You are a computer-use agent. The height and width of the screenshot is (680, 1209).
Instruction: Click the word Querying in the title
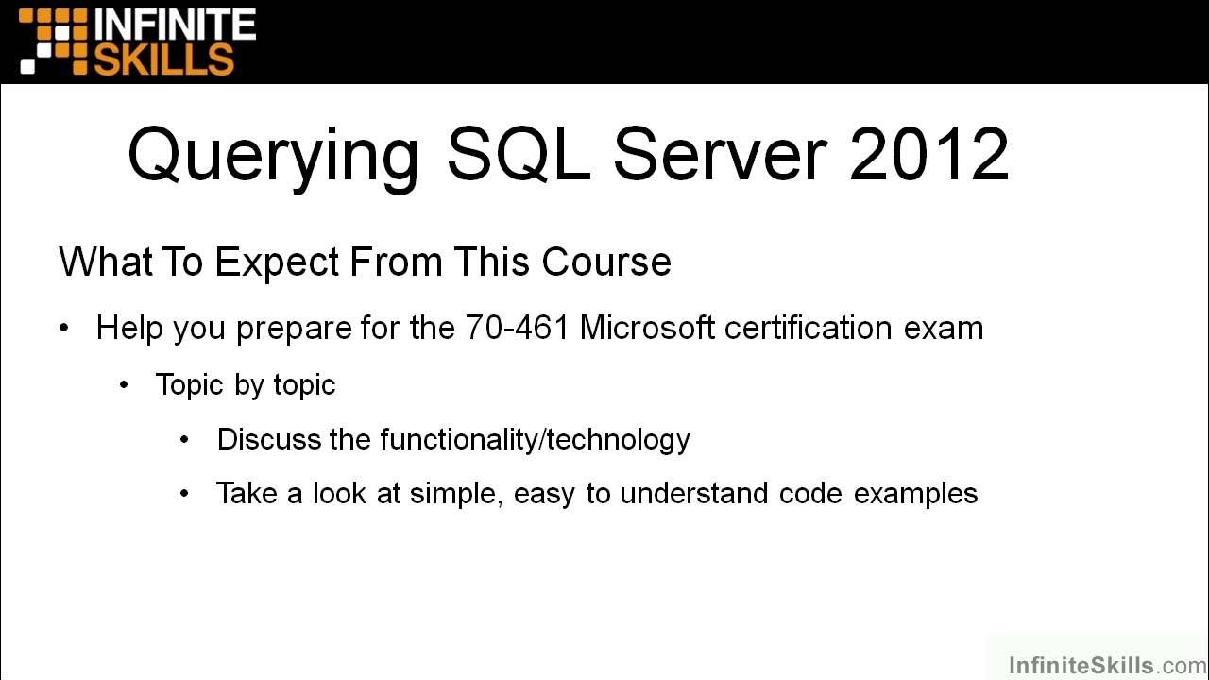[274, 155]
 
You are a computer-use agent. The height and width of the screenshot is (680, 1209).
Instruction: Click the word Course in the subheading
[606, 262]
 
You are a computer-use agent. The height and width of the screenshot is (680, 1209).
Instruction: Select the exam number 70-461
[517, 328]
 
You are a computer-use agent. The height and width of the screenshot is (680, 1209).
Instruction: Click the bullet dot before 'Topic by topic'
[125, 384]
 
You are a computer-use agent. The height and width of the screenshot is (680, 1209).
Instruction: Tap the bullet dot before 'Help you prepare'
[64, 329]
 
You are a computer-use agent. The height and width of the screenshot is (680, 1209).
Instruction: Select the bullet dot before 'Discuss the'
[184, 439]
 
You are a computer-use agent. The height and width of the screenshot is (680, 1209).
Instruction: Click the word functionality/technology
[535, 439]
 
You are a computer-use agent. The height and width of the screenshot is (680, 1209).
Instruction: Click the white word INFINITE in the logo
[174, 24]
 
